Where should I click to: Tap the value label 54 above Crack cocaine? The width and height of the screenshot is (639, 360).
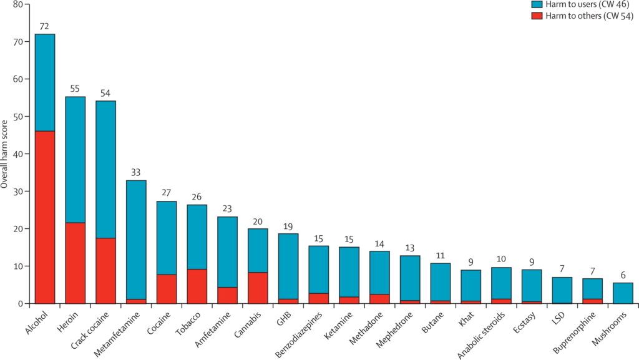pos(105,93)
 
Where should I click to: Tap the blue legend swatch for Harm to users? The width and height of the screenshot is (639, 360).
pos(535,5)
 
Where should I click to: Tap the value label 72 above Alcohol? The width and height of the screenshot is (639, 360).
pos(44,26)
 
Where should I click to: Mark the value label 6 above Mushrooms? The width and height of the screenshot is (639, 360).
pos(623,275)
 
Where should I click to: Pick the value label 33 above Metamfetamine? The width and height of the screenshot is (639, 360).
pos(136,173)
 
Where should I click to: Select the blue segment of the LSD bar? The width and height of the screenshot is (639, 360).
pos(562,290)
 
